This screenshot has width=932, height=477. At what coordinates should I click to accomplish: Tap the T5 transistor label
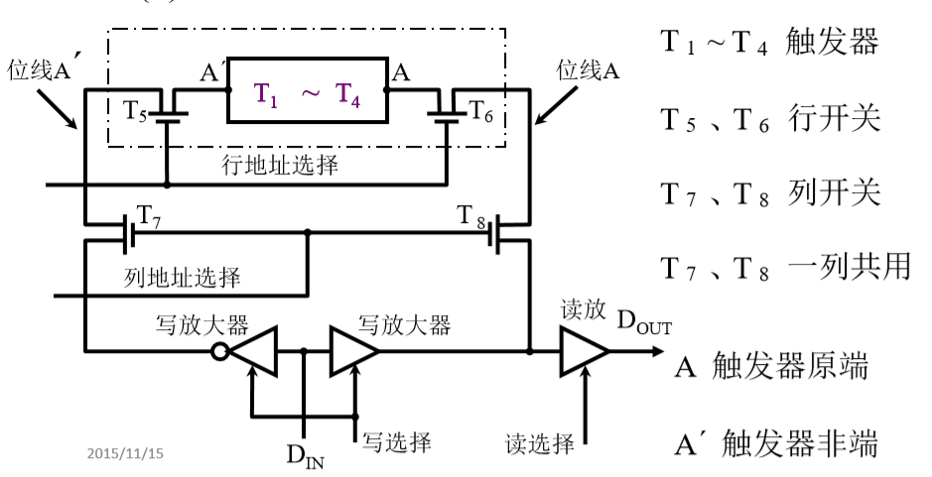click(x=134, y=110)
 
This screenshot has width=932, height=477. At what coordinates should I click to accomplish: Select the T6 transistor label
click(x=480, y=110)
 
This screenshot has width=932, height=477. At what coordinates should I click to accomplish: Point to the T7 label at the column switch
click(x=149, y=216)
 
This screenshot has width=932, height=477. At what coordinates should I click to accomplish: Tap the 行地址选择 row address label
click(x=280, y=165)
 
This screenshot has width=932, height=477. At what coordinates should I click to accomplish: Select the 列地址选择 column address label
click(x=183, y=277)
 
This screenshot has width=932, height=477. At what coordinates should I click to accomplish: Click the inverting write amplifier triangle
click(x=254, y=351)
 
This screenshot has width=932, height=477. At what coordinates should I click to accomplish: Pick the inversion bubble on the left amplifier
click(x=220, y=352)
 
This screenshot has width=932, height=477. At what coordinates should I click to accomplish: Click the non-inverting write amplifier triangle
click(x=353, y=351)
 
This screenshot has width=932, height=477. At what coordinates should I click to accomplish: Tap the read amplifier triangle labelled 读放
click(x=585, y=351)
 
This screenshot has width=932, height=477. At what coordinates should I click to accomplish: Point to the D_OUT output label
click(x=644, y=321)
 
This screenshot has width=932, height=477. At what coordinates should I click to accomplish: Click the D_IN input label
click(x=306, y=455)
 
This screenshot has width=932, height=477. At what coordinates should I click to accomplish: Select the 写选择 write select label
click(x=396, y=442)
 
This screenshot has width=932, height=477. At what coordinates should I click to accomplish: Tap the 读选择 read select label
click(x=540, y=443)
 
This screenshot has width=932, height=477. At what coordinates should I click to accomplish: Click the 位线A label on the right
click(x=588, y=70)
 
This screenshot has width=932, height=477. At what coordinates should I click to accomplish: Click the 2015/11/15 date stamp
click(x=125, y=454)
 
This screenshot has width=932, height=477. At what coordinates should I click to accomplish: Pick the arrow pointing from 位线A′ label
click(x=58, y=109)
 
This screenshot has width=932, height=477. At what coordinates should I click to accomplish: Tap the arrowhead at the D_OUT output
click(x=657, y=351)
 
